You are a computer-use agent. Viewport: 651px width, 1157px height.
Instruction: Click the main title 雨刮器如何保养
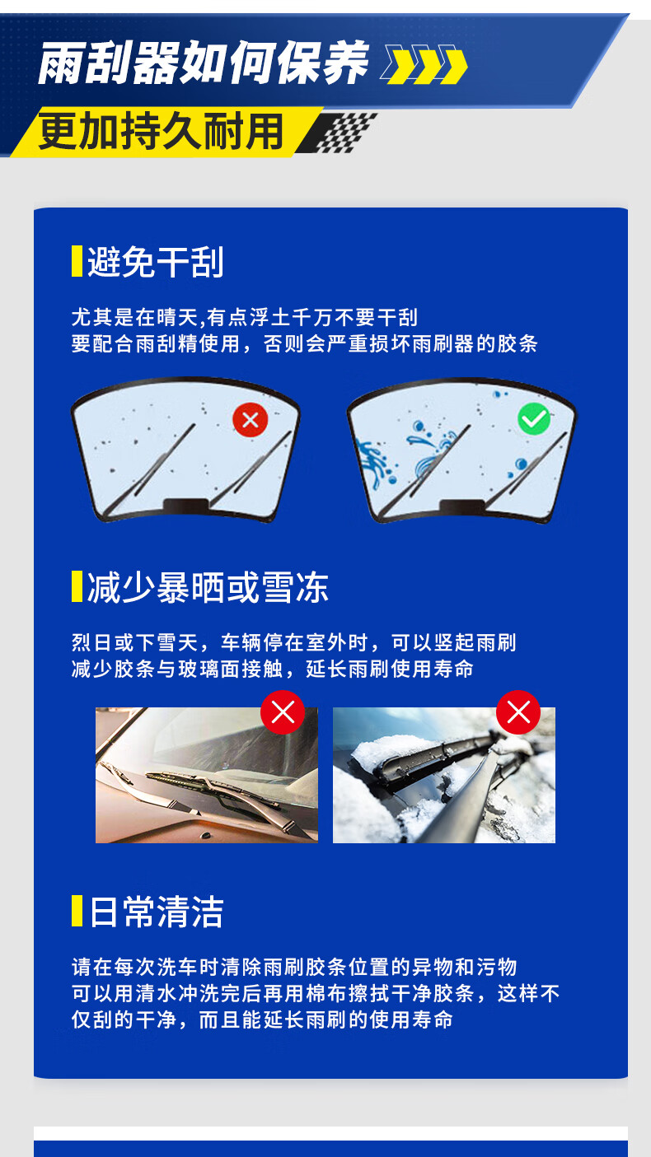coord(203,63)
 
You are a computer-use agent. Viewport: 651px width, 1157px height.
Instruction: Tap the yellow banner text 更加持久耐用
coord(161,131)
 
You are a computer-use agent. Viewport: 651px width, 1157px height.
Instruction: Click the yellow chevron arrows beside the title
coord(424,65)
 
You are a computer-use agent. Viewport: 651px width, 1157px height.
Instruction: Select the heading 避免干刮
coord(155,262)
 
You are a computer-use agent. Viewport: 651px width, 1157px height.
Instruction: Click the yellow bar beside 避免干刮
coord(77,261)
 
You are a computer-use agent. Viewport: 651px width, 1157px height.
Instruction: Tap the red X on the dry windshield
coord(250,419)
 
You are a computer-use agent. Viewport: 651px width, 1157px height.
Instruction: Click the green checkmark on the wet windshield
coord(534,418)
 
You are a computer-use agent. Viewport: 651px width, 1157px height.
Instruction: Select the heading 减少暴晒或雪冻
coord(208,588)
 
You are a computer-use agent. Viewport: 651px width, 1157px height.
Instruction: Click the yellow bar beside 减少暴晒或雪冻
coord(77,586)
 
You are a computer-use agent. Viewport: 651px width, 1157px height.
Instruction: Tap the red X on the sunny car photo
coord(283,712)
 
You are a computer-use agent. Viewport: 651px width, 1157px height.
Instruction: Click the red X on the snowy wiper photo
coord(518,712)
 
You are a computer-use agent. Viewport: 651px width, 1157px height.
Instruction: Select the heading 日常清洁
coord(156,912)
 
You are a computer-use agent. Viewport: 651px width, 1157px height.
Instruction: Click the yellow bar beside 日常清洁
coord(77,911)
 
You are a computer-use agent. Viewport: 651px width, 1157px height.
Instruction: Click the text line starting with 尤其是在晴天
coord(245,317)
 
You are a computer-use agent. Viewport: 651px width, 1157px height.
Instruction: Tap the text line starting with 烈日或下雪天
coord(294,642)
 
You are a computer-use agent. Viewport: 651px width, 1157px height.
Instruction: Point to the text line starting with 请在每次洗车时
coord(294,967)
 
